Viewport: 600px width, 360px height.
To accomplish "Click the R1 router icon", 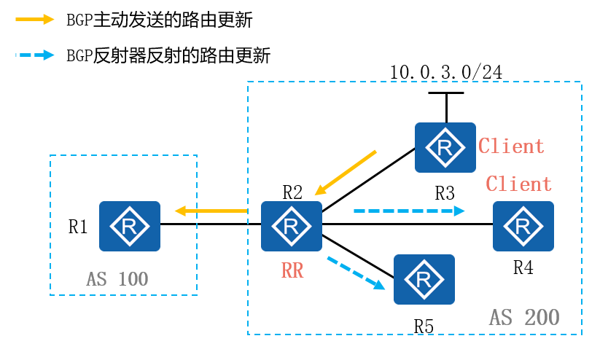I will click(130, 225).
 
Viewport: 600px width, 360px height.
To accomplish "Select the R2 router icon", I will click(292, 225).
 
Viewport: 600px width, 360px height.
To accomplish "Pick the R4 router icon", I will click(523, 225).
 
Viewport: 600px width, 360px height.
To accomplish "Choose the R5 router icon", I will click(424, 279).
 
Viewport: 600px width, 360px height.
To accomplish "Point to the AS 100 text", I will click(117, 278).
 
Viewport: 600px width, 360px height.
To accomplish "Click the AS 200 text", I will click(524, 317).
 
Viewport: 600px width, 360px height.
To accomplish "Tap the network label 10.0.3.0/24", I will click(446, 72).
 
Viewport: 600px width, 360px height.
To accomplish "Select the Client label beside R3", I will click(511, 146).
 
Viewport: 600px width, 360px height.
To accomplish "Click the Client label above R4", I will click(519, 184).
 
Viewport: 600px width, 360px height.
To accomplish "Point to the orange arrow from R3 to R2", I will click(345, 173).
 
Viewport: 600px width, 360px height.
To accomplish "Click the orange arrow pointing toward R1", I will click(211, 211).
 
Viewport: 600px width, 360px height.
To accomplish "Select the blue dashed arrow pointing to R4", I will click(409, 211).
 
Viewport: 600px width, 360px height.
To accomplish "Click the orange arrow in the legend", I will click(35, 20).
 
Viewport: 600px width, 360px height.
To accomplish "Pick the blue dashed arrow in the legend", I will click(35, 55).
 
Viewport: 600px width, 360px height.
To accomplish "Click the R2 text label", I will click(292, 192).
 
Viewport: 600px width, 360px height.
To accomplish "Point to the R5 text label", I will click(424, 326).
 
